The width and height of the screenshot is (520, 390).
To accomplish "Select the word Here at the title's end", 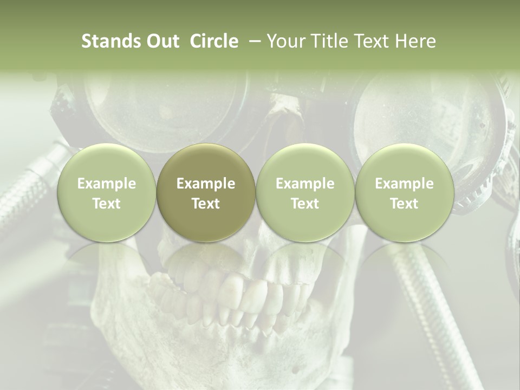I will click(415, 41).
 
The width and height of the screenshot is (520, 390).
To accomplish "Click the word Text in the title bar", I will click(370, 41).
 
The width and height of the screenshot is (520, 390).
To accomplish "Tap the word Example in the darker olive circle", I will click(206, 184).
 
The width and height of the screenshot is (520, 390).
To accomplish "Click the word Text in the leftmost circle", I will click(106, 204).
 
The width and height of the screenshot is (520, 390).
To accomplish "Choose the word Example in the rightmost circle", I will click(404, 184).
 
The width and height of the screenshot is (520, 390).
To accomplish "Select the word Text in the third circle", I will click(305, 204).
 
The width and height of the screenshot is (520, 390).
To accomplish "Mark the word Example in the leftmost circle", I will click(106, 184).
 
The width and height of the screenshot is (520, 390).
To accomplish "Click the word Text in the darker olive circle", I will click(206, 204).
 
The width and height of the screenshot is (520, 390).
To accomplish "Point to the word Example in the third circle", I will click(305, 184).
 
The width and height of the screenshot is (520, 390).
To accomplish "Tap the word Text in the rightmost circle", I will click(404, 204).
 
